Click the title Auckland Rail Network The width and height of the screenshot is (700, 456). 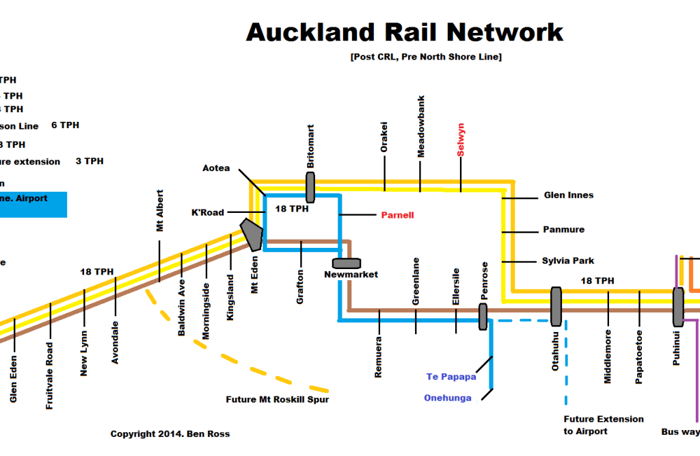coord(404,31)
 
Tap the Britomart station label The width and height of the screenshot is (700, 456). coord(311,147)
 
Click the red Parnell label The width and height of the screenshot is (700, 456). coord(397,215)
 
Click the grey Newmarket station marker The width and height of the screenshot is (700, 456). coord(346,263)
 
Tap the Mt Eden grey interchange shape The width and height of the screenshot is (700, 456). coord(252,233)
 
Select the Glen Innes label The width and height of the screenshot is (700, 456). coord(568,195)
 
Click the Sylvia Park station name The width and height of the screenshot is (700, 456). coord(568,261)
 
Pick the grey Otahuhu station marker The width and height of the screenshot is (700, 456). coord(556,306)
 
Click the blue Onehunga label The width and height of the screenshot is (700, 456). coord(447,398)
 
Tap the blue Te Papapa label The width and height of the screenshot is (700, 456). coord(450,377)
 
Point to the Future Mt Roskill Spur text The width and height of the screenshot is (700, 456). coord(277,400)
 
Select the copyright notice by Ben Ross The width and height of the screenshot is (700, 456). coord(170,434)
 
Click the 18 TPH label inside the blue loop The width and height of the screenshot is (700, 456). coord(291,209)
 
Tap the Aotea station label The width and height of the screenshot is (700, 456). coord(216,168)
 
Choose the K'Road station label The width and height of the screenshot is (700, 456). coord(207,213)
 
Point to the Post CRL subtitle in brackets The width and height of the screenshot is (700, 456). coord(425,57)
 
